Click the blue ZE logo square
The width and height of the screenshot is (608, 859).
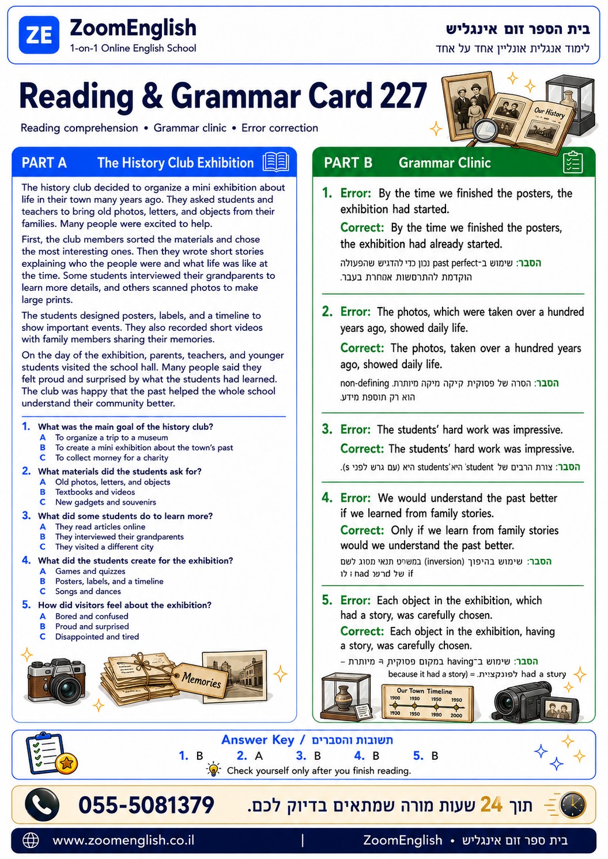(39, 35)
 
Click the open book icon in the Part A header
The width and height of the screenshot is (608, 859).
(276, 162)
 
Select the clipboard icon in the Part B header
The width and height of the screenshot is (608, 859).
(573, 162)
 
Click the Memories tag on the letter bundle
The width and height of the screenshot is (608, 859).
(200, 680)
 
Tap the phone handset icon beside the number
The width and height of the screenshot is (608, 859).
(42, 805)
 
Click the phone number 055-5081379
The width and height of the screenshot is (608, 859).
(146, 805)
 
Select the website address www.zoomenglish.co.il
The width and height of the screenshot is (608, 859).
(123, 840)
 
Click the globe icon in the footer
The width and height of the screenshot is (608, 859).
(31, 841)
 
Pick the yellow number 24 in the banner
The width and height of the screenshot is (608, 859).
(491, 804)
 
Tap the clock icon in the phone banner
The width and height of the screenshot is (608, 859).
(573, 805)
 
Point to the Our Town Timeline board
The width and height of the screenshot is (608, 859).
(427, 703)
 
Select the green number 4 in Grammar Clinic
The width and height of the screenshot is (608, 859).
(327, 498)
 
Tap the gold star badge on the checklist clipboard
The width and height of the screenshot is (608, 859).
(66, 763)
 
